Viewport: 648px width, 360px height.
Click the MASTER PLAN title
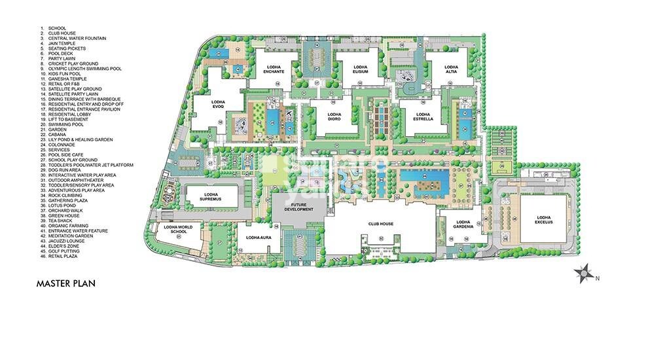(66, 283)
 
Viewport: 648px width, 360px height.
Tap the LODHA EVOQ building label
(218, 104)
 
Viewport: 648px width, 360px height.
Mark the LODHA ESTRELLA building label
(423, 117)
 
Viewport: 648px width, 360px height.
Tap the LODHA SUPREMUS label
(210, 197)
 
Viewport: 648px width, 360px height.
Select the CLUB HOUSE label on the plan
(380, 224)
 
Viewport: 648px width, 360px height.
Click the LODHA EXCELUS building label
(545, 220)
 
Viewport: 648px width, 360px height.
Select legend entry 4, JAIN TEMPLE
(63, 43)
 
